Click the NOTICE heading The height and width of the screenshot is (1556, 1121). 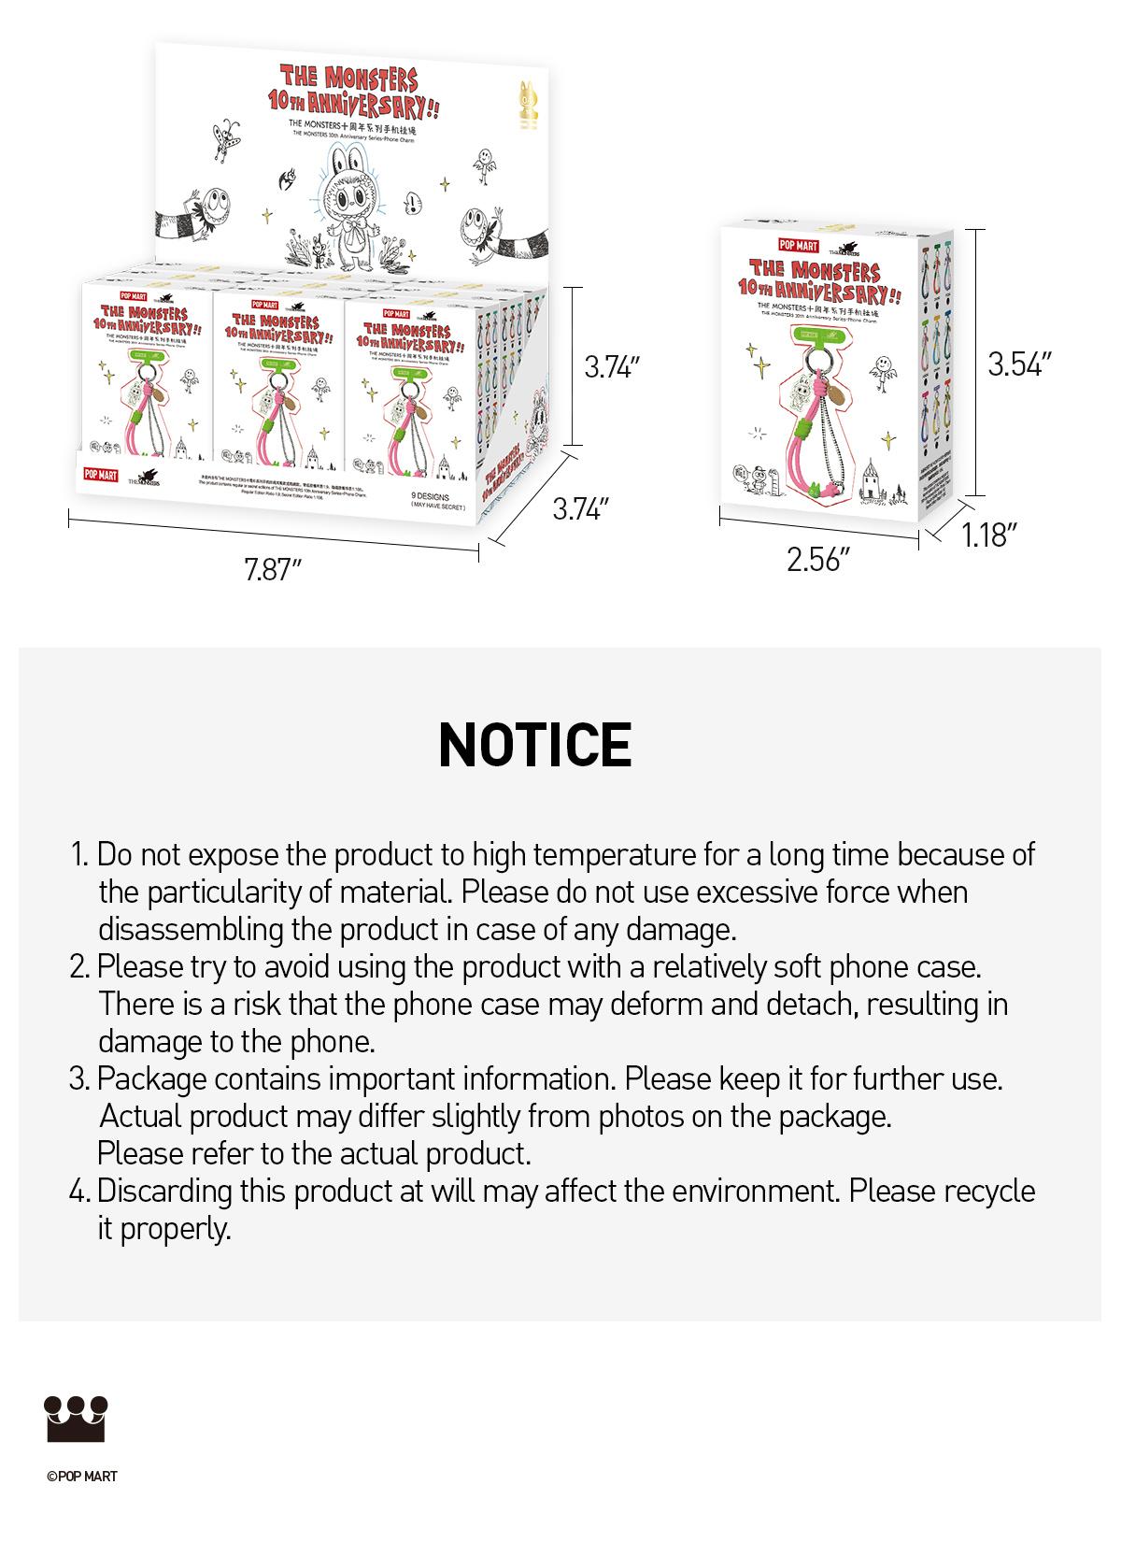534,745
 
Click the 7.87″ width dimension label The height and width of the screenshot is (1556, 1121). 272,569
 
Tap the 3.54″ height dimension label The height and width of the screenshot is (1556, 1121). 1020,364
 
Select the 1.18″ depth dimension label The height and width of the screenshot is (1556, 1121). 988,535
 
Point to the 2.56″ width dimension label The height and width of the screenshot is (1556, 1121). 817,560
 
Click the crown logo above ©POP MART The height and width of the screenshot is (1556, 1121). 76,1419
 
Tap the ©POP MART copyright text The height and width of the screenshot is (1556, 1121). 81,1477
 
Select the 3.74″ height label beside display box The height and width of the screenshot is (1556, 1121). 612,367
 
